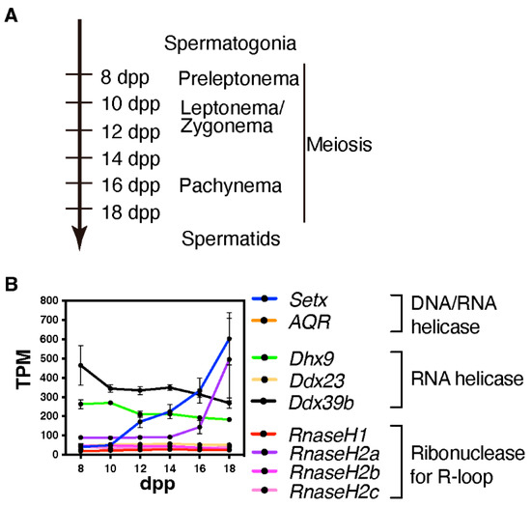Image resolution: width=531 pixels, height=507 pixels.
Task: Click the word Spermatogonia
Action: pos(230,43)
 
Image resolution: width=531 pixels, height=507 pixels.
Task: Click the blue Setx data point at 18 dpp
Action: pos(229,339)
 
